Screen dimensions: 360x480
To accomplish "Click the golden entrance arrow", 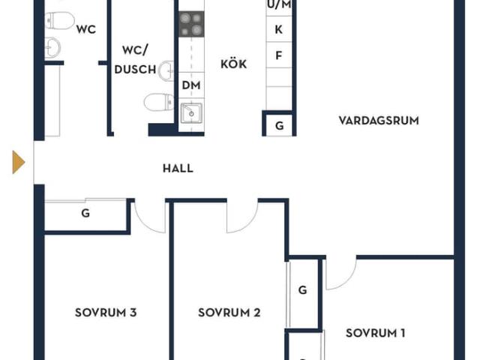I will pyautogui.click(x=18, y=162).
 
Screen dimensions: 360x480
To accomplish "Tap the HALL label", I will pyautogui.click(x=178, y=168).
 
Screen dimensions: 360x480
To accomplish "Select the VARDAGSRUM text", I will pyautogui.click(x=378, y=120).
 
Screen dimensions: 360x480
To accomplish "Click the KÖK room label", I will pyautogui.click(x=233, y=64).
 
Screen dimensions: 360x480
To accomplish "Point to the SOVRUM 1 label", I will pyautogui.click(x=376, y=333).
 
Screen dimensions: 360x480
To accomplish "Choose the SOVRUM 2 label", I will pyautogui.click(x=229, y=313).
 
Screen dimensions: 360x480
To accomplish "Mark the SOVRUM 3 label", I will pyautogui.click(x=106, y=313).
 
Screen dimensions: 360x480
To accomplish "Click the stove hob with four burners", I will pyautogui.click(x=191, y=24).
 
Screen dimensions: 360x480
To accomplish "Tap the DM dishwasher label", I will pyautogui.click(x=190, y=85).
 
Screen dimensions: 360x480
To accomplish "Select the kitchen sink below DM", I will pyautogui.click(x=191, y=114).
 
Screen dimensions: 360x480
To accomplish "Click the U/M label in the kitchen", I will pyautogui.click(x=279, y=4).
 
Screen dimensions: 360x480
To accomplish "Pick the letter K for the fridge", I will pyautogui.click(x=279, y=30).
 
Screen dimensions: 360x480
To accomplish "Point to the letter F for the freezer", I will pyautogui.click(x=279, y=55).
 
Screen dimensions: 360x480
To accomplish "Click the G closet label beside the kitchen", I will pyautogui.click(x=279, y=125).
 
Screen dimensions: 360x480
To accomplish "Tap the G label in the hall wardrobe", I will pyautogui.click(x=85, y=214).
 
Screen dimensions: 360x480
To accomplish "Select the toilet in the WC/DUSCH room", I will pyautogui.click(x=158, y=101).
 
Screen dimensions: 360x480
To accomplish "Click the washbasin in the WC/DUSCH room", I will pyautogui.click(x=167, y=70).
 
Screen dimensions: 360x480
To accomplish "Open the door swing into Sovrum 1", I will pyautogui.click(x=340, y=274).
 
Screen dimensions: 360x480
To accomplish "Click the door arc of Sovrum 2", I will pyautogui.click(x=244, y=216).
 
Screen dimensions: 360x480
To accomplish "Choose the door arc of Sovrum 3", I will pyautogui.click(x=150, y=217).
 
